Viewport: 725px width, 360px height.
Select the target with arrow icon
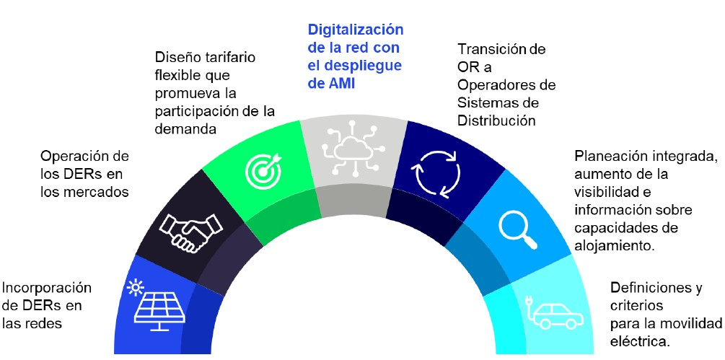(261, 168)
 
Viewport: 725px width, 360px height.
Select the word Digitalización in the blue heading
(355, 30)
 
